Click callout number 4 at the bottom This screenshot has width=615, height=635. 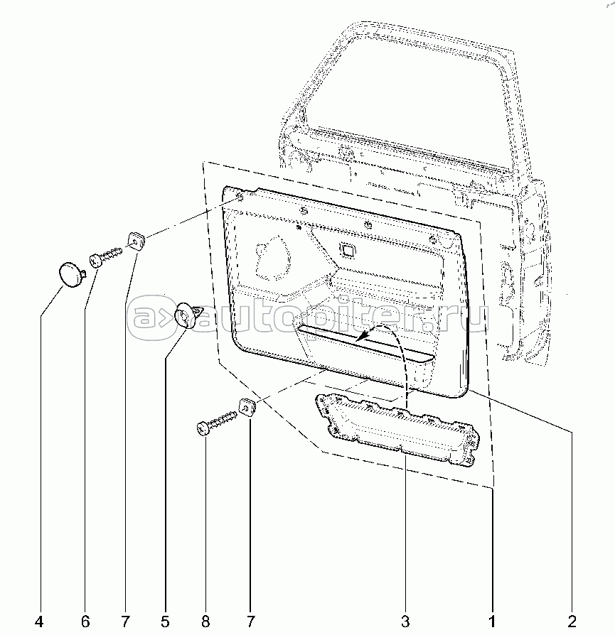click(39, 622)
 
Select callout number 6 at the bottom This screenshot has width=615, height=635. click(85, 622)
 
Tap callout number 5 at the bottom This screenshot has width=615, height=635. click(165, 622)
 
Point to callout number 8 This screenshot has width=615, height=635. click(205, 622)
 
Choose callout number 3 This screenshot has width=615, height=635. click(405, 622)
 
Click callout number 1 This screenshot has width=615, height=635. click(492, 622)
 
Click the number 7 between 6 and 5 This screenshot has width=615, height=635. click(126, 622)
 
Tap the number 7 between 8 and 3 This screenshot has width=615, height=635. click(250, 622)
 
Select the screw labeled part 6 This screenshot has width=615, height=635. click(105, 256)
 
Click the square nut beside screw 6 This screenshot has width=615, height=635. click(136, 240)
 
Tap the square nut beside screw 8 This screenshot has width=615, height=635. click(246, 408)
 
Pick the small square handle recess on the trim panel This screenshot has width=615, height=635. click(348, 249)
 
